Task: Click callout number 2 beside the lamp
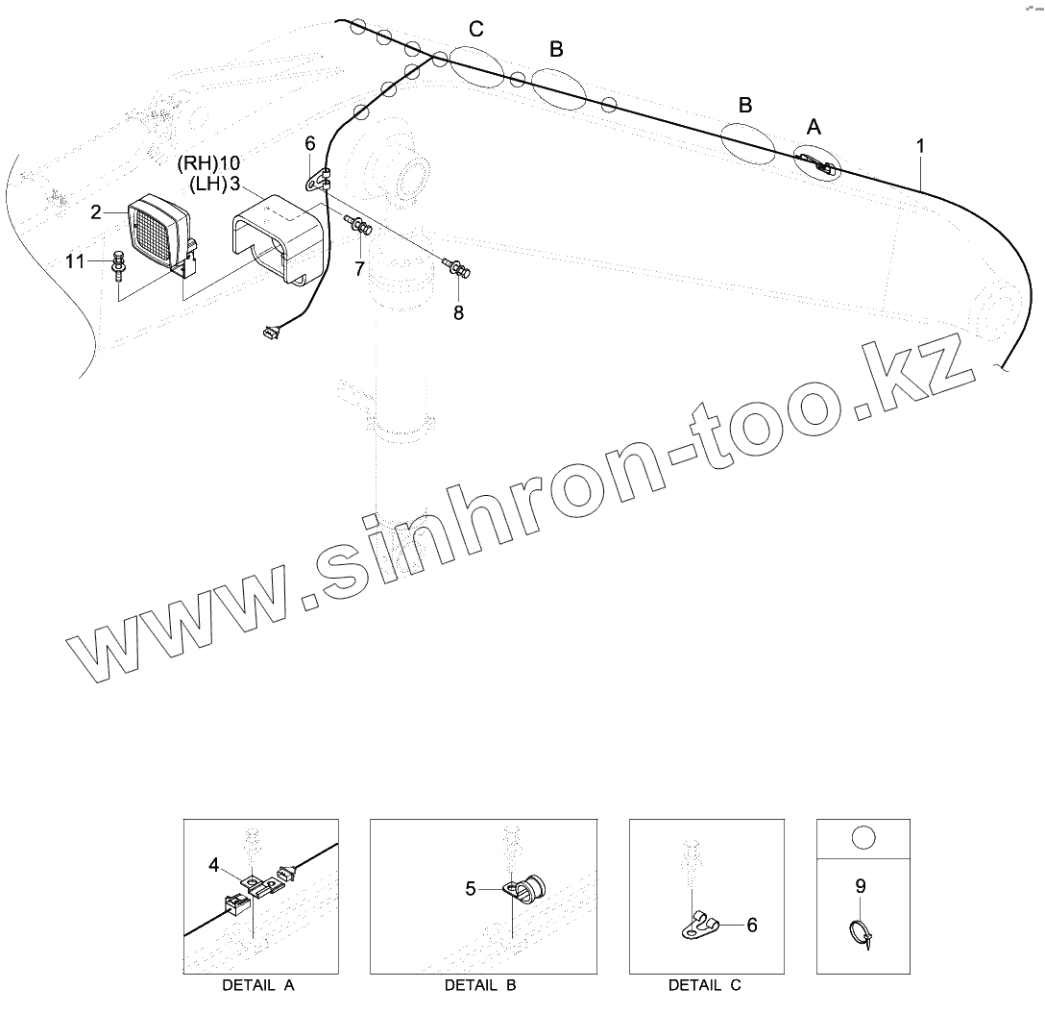pos(96,212)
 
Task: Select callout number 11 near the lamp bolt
pos(75,260)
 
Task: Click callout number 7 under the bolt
pos(359,269)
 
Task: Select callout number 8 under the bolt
pos(458,312)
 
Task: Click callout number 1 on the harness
pos(920,146)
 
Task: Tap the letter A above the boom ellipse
pos(814,127)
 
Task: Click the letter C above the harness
pos(475,30)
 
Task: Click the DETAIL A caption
pos(258,985)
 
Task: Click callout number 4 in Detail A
pos(214,864)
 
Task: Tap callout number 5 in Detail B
pos(471,889)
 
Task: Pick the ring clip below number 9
pos(862,932)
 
